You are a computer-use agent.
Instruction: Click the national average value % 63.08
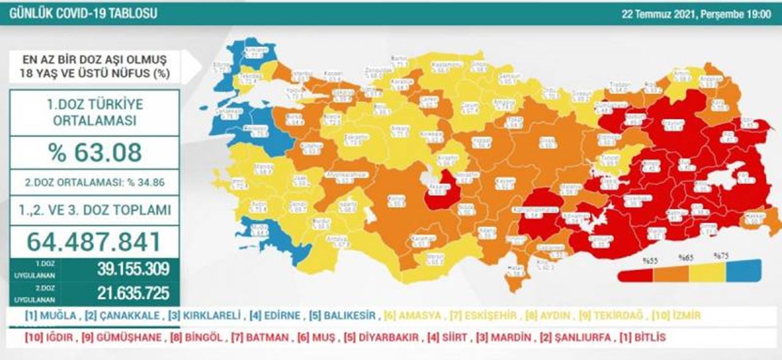click(x=95, y=152)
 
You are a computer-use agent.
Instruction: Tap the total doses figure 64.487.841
click(x=94, y=241)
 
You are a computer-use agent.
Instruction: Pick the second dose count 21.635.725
click(x=133, y=293)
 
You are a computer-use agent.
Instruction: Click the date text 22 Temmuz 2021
click(x=659, y=14)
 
